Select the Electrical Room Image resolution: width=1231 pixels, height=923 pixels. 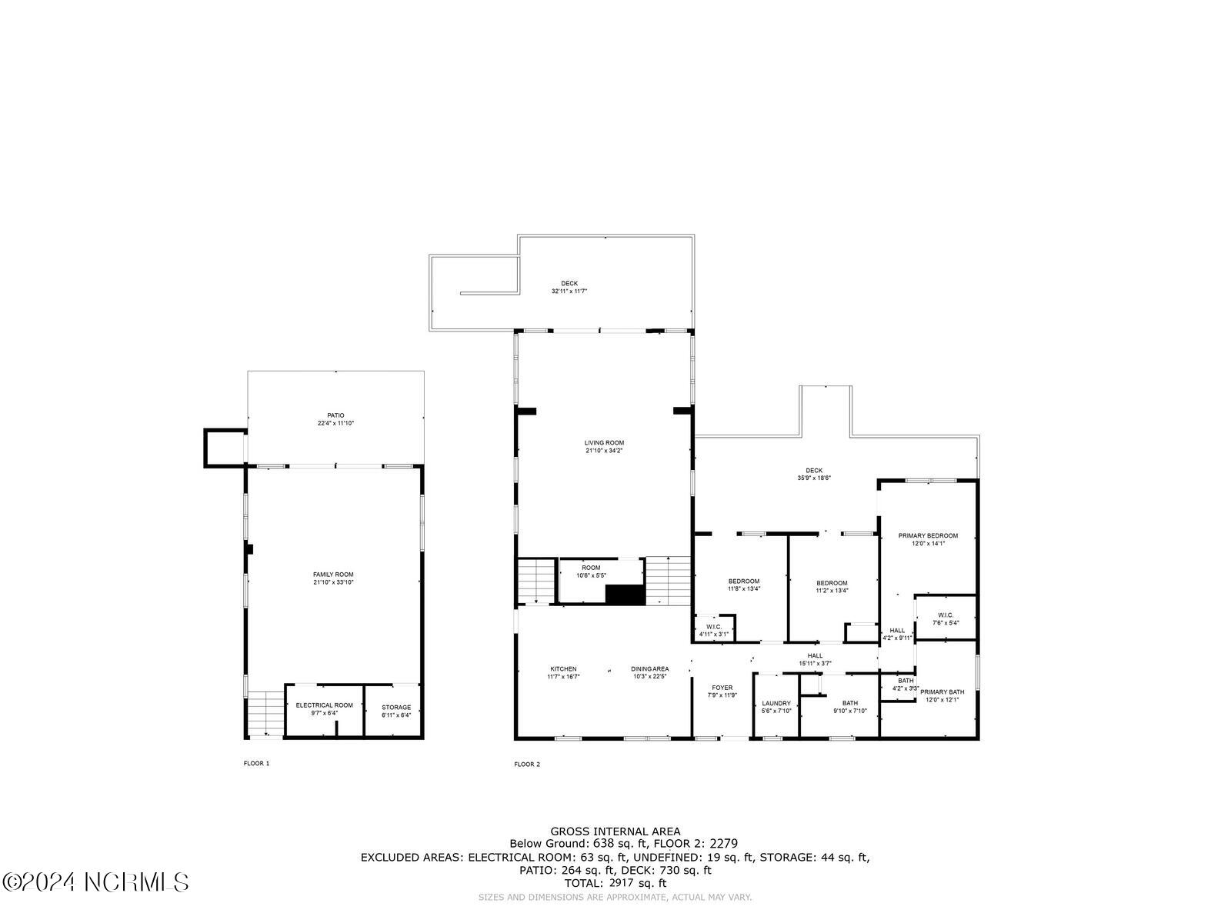point(324,708)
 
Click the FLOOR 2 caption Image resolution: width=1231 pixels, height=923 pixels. point(527,764)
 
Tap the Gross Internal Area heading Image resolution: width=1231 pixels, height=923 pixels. point(615,831)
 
